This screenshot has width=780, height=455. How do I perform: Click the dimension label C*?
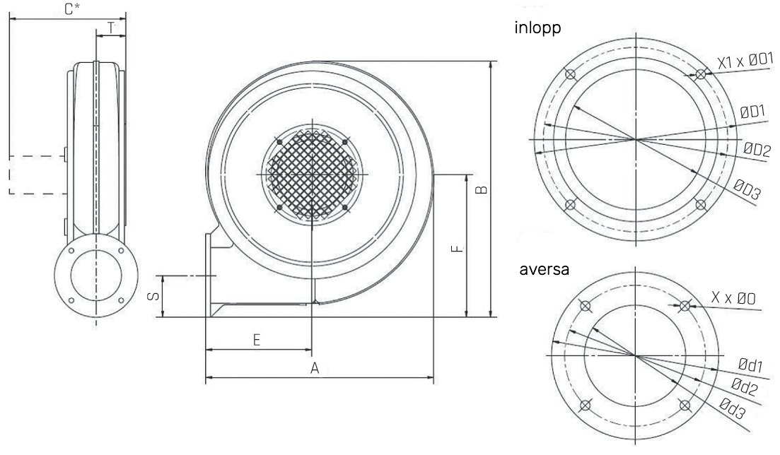pos(72,9)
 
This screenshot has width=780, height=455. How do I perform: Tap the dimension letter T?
pos(111,28)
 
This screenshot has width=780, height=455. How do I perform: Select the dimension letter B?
pos(481,189)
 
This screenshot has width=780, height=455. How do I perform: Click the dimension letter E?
pos(257,340)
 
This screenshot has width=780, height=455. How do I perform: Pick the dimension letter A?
pos(315,369)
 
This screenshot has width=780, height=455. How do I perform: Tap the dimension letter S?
pos(154,295)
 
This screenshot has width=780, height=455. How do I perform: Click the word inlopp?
pos(537,28)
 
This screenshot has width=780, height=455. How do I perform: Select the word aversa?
pos(545,269)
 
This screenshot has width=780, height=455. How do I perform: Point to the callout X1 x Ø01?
pos(745,61)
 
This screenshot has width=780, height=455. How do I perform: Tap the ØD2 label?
pos(757,149)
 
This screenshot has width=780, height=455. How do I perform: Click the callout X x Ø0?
pos(733,298)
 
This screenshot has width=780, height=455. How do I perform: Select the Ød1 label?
pos(750,365)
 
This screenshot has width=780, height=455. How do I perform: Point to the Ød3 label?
pos(733,409)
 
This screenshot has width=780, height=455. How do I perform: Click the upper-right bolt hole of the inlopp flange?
pos(700,75)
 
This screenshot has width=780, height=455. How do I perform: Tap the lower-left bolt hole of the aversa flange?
pos(586,406)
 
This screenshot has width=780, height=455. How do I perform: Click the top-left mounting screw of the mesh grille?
pos(280,142)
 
